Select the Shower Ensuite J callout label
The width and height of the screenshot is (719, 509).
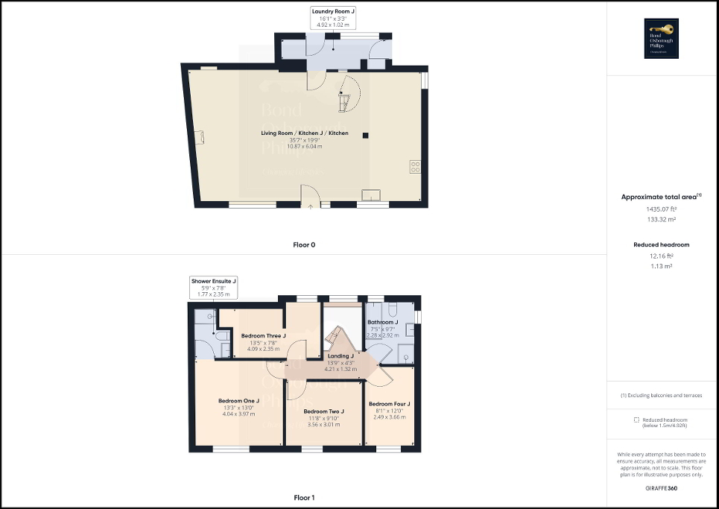pos(213,281)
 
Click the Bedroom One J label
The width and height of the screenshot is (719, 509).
pos(238,401)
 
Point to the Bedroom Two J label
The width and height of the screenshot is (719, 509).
pos(324,411)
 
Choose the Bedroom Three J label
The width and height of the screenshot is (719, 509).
pos(263,336)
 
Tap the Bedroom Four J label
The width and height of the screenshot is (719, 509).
pos(390,404)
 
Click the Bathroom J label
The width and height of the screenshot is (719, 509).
pos(383,322)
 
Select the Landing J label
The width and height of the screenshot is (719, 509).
pos(340,356)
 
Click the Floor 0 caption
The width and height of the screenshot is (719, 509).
pos(304,244)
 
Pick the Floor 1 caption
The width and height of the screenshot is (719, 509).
pos(304,497)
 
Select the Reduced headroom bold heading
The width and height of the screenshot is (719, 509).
pos(661,244)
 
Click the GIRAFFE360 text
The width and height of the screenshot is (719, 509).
pos(662,488)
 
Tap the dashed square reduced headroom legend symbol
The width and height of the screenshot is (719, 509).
pos(636,420)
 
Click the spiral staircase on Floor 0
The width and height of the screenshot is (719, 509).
pos(347,91)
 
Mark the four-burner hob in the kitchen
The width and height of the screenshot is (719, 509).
pos(414,167)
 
